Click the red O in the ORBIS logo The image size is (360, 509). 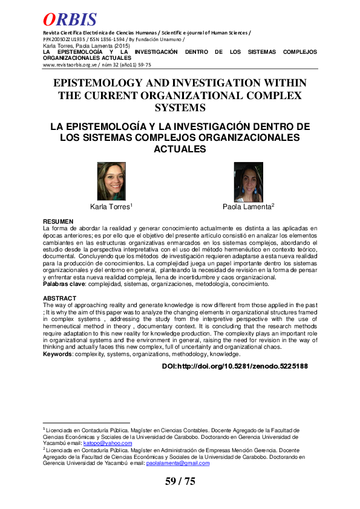50,19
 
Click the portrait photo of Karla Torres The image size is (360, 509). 111,182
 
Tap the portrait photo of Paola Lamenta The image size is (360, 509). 249,182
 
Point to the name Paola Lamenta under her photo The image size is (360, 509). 248,207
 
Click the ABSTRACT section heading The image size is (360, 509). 60,299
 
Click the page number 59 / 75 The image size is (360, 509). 180,481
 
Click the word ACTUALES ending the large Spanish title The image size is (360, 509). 180,149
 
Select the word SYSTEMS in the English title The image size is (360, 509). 180,108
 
